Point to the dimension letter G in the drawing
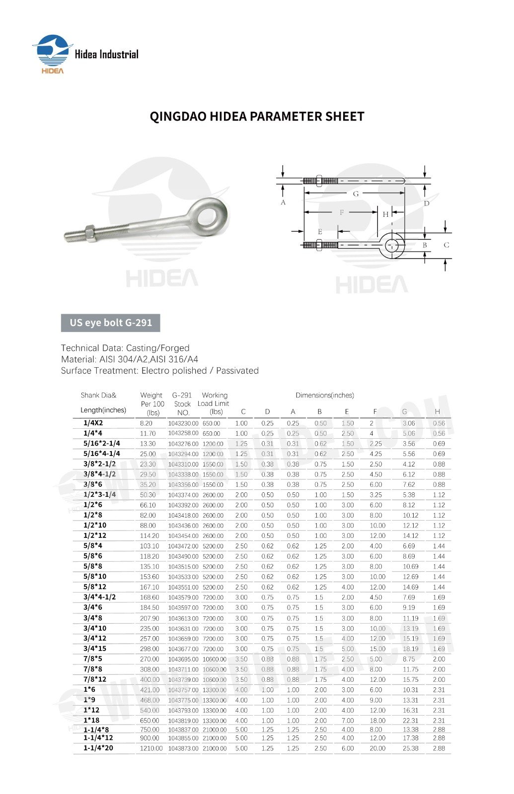point(356,194)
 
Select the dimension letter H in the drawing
point(385,214)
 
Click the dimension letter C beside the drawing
point(446,245)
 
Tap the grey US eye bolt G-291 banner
point(110,323)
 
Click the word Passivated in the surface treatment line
point(237,371)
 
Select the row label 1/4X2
point(93,423)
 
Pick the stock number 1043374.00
point(183,495)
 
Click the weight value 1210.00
point(151,748)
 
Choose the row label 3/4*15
point(95,649)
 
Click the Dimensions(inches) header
point(325,396)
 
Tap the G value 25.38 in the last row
point(410,748)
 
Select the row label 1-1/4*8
point(96,729)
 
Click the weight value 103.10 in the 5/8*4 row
point(149,546)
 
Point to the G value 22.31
point(410,721)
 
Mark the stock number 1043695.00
point(183,659)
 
